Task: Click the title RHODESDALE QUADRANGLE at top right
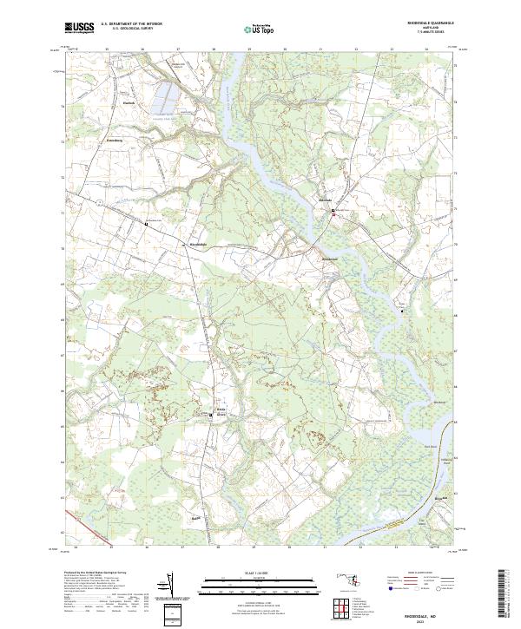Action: (431, 23)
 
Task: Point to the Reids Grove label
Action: (221, 410)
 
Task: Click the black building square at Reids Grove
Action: (213, 416)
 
